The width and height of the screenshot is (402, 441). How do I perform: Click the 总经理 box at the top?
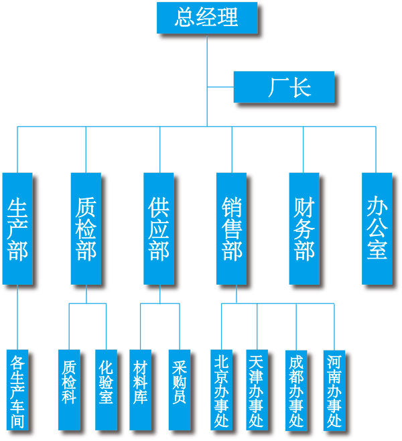point(206,17)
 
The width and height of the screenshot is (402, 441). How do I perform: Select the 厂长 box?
point(284,87)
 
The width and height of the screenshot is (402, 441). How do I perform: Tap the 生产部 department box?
point(17,228)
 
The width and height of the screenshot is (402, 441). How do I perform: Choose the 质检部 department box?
point(86,228)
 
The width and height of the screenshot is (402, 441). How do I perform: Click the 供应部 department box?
point(159,228)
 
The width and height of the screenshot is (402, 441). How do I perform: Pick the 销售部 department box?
point(231,228)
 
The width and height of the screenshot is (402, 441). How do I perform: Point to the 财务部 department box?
point(304,228)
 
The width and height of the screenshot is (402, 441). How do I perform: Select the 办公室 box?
point(377,228)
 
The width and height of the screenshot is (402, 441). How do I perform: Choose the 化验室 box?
point(106,390)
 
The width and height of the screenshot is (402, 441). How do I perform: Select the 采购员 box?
point(179,390)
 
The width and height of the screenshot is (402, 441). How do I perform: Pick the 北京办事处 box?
point(221,390)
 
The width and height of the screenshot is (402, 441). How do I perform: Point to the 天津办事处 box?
point(257,390)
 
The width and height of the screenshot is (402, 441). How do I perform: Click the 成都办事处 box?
point(295,390)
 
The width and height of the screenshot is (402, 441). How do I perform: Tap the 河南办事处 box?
point(334,390)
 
